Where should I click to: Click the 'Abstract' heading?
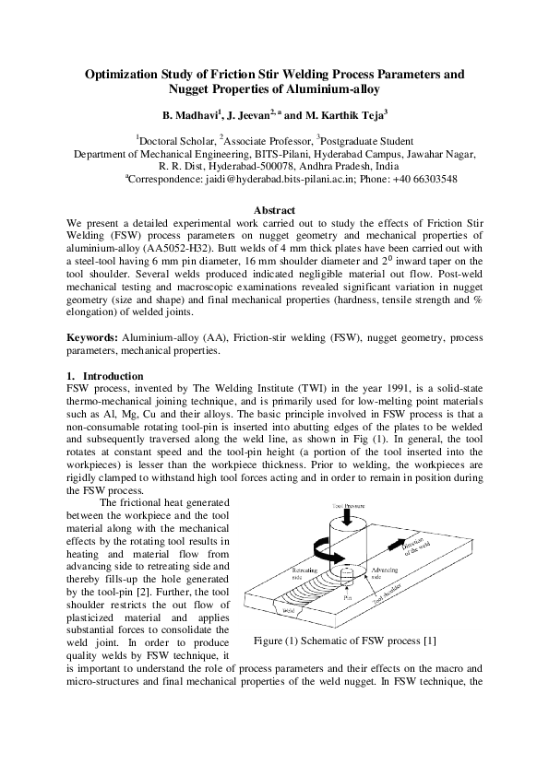click(274, 211)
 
